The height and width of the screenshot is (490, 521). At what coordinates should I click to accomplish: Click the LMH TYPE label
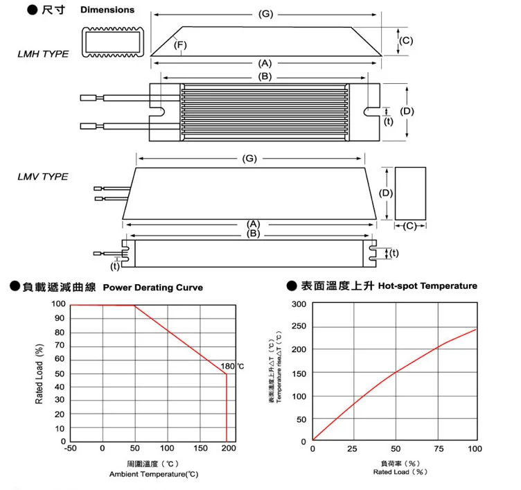43,53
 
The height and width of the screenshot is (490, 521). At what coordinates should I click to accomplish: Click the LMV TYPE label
43,176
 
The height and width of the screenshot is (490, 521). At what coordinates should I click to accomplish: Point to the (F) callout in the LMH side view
181,46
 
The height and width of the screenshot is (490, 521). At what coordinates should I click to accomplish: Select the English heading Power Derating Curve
152,288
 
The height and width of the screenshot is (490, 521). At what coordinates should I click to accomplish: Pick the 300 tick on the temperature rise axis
299,304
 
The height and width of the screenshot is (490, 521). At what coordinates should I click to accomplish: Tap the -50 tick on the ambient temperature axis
70,448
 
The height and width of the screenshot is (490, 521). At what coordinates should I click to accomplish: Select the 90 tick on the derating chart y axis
61,318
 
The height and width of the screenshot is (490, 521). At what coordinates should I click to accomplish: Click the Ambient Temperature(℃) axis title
154,474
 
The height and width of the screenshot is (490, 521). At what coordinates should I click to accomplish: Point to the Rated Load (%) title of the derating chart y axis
39,374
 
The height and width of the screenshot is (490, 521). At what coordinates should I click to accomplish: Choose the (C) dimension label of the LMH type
407,41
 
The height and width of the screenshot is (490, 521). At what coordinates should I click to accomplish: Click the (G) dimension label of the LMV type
250,159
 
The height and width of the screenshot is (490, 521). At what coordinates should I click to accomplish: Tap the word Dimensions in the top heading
107,10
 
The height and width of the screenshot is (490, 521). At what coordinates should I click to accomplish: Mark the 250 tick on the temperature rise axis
299,327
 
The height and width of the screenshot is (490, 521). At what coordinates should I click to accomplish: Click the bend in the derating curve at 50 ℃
134,305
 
